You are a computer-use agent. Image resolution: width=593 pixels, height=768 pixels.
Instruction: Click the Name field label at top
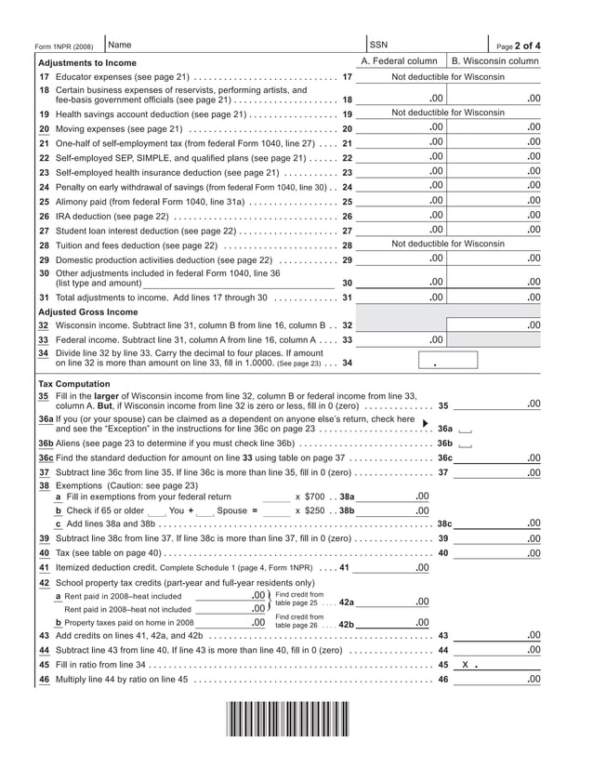click(120, 45)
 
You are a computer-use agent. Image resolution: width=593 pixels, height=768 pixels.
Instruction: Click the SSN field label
click(378, 45)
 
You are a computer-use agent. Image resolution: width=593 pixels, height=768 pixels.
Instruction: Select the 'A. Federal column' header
click(399, 61)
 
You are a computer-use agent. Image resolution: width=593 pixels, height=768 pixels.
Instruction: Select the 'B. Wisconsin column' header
click(494, 61)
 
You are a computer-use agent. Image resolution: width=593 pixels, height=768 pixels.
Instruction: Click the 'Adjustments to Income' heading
click(86, 62)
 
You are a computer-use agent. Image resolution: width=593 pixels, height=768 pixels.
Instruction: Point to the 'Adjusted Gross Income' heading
click(87, 312)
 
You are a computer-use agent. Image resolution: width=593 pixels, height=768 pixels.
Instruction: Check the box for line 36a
click(466, 430)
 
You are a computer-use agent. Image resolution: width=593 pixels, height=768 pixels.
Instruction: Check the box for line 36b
click(466, 444)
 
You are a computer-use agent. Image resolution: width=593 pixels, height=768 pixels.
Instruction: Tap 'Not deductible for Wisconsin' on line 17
click(448, 76)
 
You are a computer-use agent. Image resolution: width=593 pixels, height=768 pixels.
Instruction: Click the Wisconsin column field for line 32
click(495, 325)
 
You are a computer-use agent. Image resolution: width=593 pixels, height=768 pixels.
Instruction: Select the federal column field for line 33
click(401, 340)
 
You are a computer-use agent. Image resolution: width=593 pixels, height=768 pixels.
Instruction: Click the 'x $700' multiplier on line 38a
click(310, 497)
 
